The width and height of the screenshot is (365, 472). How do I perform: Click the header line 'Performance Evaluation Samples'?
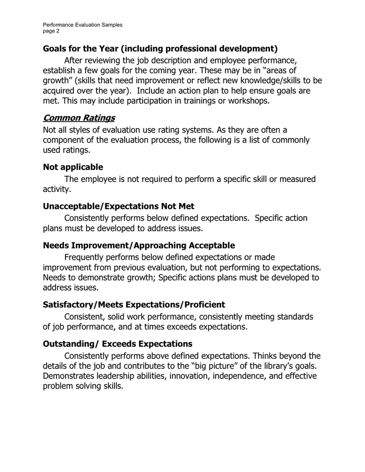83,25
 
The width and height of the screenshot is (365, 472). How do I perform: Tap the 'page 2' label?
51,31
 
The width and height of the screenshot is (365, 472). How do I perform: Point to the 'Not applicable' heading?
73,167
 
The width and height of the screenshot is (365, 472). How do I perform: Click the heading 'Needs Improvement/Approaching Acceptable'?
139,245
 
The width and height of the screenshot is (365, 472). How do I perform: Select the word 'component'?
66,140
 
